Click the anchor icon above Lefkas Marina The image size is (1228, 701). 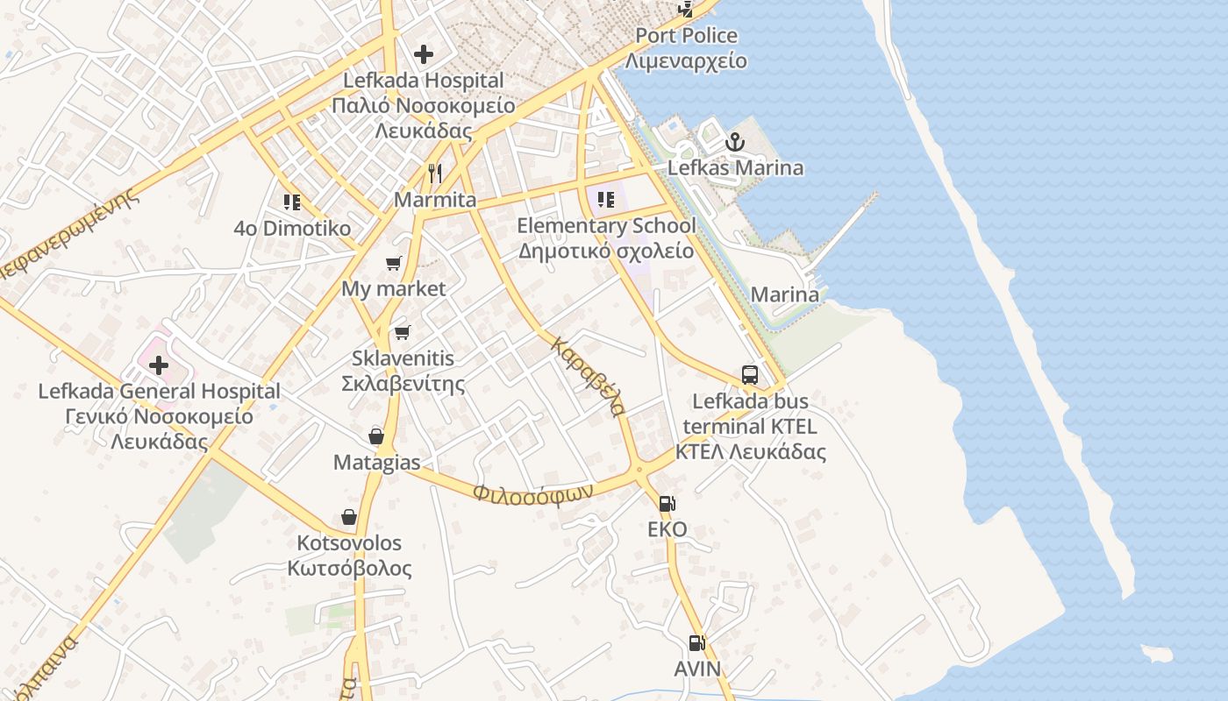point(734,142)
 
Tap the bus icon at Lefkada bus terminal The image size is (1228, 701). point(750,375)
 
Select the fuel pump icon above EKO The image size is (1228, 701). point(668,504)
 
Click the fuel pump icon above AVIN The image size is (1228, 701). point(696,643)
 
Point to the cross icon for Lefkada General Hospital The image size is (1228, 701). point(158,365)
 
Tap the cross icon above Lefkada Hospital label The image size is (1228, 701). point(424,54)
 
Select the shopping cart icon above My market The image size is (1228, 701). point(394,263)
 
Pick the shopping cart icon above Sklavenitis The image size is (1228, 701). point(402,332)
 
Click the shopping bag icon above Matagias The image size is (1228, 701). point(376,435)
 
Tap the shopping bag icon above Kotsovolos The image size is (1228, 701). point(349,517)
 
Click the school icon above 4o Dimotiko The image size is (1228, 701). point(292,202)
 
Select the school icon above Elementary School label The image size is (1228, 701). point(606,200)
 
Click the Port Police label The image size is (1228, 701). point(686,36)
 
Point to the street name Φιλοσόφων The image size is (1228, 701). point(533,492)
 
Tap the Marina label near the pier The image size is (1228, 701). point(785,294)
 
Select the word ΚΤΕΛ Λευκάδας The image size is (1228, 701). point(750,452)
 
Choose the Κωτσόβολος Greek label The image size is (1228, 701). point(349,568)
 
